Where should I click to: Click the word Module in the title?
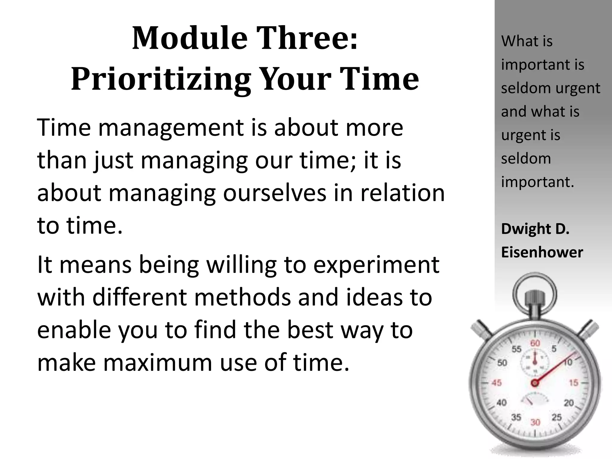click(189, 39)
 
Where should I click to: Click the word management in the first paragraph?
click(171, 128)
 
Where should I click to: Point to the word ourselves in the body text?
click(275, 193)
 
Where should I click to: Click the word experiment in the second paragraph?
click(376, 265)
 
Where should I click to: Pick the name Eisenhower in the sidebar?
click(542, 253)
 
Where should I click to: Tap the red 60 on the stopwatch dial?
click(535, 343)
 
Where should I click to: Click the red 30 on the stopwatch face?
click(535, 422)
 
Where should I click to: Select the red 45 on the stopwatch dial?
click(496, 383)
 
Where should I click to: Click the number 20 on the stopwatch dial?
click(569, 403)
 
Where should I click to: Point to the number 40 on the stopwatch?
click(501, 403)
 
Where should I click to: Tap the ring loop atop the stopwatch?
click(535, 293)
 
